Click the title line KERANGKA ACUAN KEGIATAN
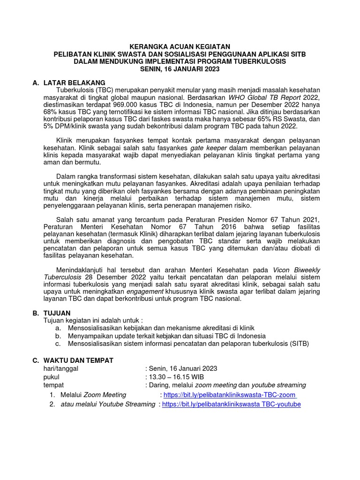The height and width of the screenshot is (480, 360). pos(180,46)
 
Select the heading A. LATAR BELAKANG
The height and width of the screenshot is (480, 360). pos(69,82)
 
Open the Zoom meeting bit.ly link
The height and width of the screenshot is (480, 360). pos(229,395)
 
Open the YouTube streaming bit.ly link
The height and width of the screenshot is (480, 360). pos(231,404)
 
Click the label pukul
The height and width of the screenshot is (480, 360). pos(52,377)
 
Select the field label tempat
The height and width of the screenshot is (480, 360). pos(53,385)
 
